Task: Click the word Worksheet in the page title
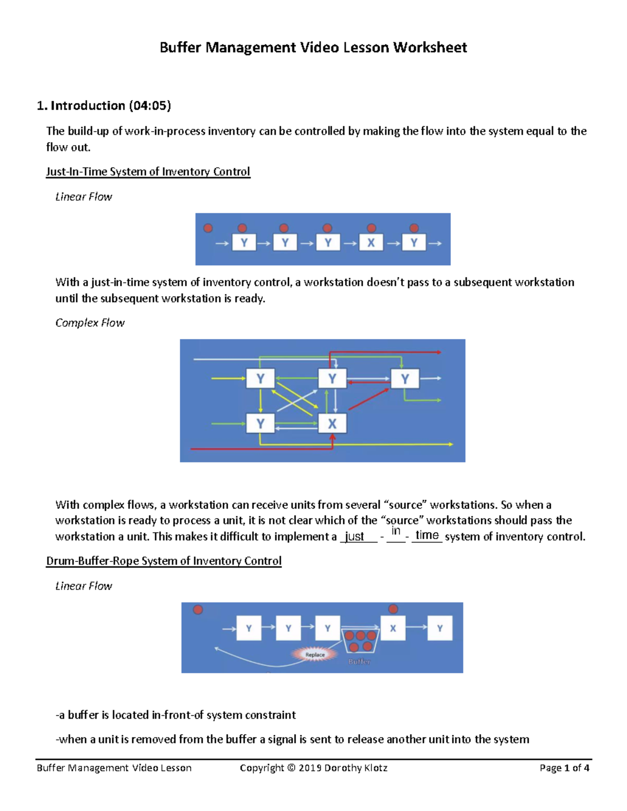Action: (430, 48)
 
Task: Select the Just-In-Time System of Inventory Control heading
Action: (148, 172)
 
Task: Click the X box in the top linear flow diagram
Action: (371, 242)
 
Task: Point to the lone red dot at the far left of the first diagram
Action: (208, 228)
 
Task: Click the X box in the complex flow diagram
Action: (332, 424)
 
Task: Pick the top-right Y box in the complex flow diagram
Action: (405, 379)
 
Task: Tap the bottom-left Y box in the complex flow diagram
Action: (260, 423)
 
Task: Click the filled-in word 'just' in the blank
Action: (355, 536)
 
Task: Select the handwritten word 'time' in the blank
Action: (427, 535)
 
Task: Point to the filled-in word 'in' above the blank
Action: (396, 531)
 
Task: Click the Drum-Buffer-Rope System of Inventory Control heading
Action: (164, 561)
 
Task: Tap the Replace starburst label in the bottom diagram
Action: (315, 654)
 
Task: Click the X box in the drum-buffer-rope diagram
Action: (393, 628)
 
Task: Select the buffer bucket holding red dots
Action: (359, 641)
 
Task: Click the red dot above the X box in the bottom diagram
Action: (393, 609)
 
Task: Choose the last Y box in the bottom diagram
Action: (440, 628)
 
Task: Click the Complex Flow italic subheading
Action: (90, 323)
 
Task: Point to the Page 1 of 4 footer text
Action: (564, 768)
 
